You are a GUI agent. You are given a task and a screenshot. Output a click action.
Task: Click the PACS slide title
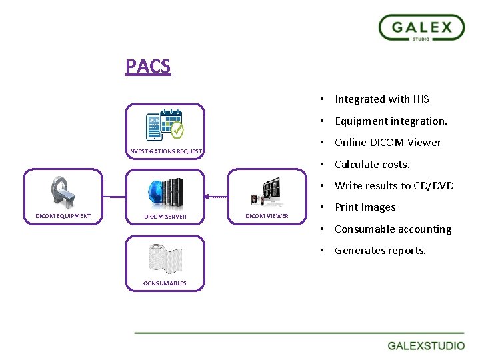(148, 67)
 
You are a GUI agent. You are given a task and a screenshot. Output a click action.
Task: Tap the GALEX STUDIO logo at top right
(421, 29)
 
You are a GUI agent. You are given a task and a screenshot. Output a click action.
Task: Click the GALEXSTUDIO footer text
(427, 346)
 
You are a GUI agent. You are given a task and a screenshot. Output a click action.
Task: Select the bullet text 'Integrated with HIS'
(381, 99)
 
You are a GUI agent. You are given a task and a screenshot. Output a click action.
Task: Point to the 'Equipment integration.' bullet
(391, 121)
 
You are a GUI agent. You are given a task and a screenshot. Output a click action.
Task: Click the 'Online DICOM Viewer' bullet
(387, 143)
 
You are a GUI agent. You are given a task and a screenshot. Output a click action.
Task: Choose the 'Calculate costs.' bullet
(372, 165)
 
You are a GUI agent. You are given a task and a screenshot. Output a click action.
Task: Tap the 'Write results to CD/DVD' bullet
(393, 186)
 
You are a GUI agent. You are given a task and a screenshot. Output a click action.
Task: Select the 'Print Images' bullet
(365, 207)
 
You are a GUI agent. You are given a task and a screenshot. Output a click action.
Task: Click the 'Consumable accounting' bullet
(393, 229)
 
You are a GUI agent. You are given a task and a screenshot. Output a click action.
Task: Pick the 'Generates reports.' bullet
(380, 251)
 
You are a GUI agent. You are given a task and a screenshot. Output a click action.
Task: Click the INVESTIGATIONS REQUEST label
(165, 151)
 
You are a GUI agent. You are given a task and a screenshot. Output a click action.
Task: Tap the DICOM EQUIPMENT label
(63, 216)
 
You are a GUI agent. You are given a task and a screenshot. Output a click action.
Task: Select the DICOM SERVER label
(165, 217)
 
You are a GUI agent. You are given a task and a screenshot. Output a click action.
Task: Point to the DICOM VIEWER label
(267, 216)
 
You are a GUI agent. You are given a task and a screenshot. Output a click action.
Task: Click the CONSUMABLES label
(165, 283)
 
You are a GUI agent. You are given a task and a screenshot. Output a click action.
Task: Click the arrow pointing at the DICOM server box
(216, 197)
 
